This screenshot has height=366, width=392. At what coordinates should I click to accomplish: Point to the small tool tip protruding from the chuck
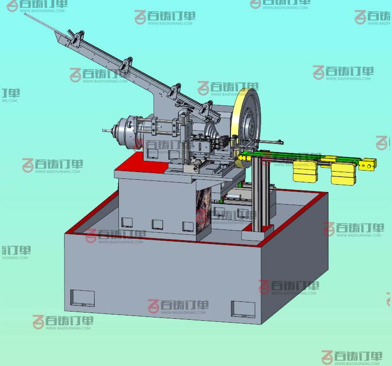pyautogui.click(x=107, y=130)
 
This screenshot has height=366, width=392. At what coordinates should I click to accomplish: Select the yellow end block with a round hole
pyautogui.click(x=367, y=164)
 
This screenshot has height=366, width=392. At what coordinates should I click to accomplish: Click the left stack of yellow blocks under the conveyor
pyautogui.click(x=305, y=172)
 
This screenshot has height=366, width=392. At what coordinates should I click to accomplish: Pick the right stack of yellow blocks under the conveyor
pyautogui.click(x=343, y=174)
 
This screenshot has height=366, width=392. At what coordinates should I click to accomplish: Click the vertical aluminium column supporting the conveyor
pyautogui.click(x=261, y=193)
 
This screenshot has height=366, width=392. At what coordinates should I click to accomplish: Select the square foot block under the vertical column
pyautogui.click(x=258, y=233)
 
